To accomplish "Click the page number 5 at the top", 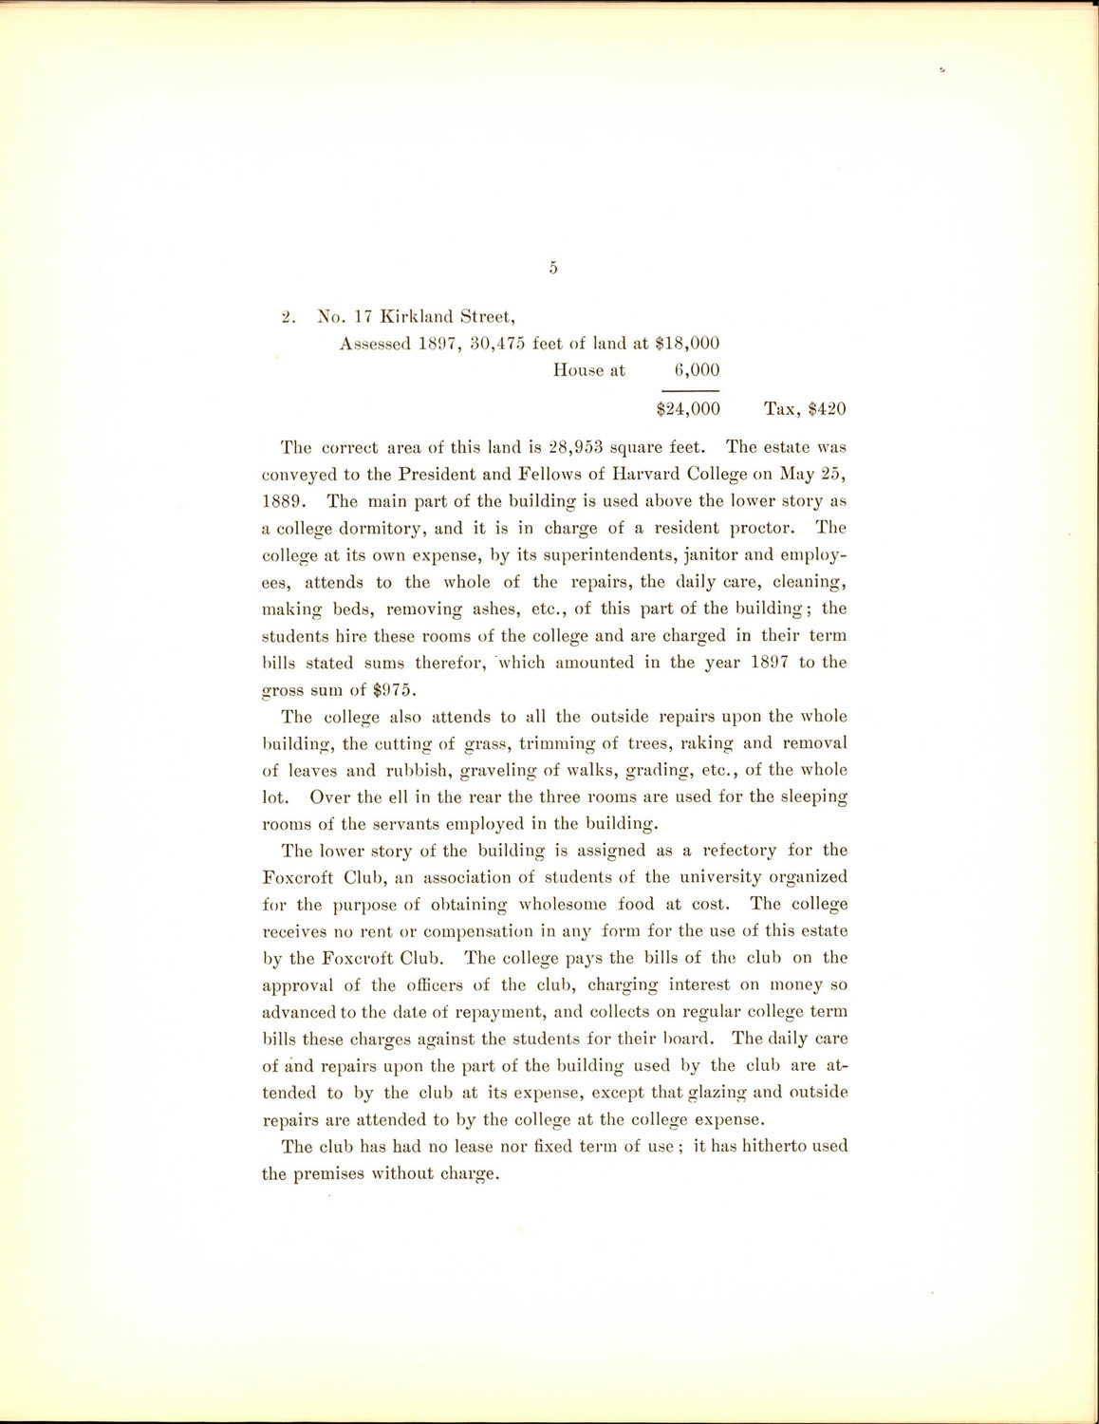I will (552, 269).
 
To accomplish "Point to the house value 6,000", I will (697, 370).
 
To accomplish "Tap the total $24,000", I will (688, 409).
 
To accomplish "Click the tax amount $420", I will (827, 409).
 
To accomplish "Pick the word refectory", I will (730, 851).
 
